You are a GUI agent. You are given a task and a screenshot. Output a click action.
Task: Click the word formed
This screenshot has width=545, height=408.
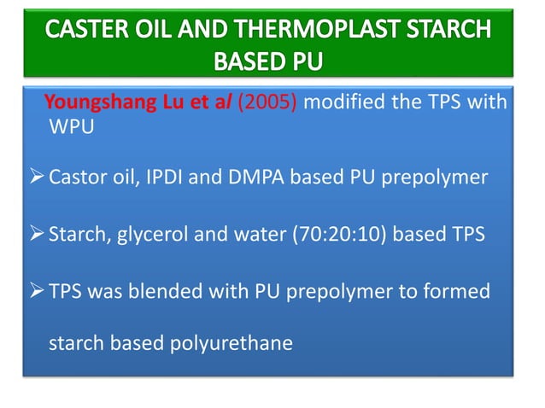[460, 292]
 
